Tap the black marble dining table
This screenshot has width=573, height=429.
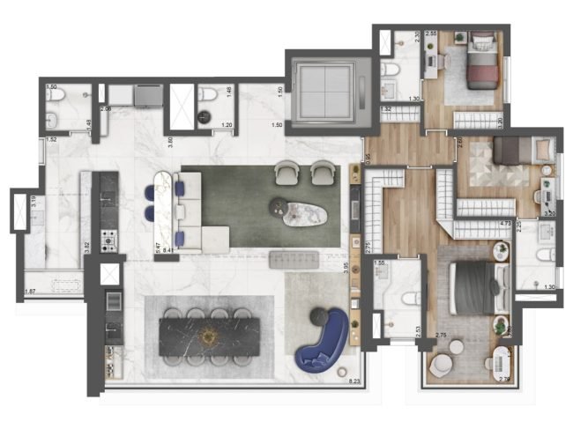click(x=210, y=336)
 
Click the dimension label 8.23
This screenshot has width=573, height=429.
click(x=354, y=381)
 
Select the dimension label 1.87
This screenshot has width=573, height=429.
click(x=29, y=291)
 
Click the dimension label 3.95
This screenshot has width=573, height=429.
click(x=347, y=266)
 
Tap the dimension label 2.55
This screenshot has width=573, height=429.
click(x=431, y=33)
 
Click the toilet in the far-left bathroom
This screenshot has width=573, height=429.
click(x=52, y=122)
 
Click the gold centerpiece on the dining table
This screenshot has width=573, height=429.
click(x=209, y=335)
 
